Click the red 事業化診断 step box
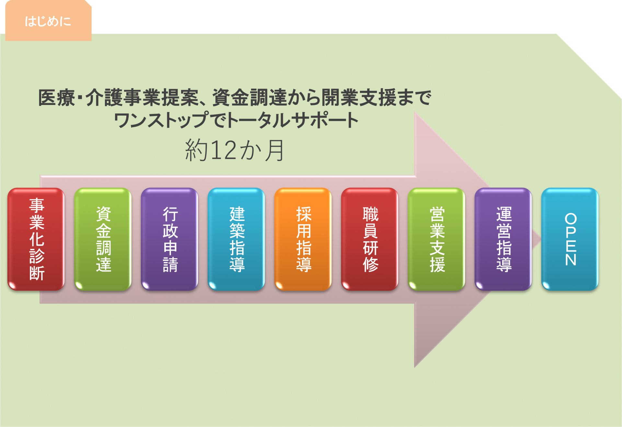(36, 239)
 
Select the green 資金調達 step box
(103, 239)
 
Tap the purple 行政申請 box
(169, 239)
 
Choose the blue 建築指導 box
(236, 239)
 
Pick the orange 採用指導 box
(303, 239)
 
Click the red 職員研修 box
(370, 239)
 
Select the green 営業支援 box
(436, 239)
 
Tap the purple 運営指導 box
(503, 239)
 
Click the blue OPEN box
(570, 239)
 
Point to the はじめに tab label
(48, 21)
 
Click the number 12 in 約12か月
(224, 150)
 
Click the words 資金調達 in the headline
(250, 98)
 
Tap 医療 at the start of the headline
(57, 98)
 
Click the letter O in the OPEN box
(570, 219)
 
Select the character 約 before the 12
(196, 150)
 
